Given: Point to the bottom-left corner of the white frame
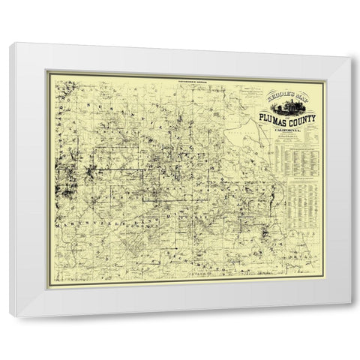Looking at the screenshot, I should click(x=10, y=316).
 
